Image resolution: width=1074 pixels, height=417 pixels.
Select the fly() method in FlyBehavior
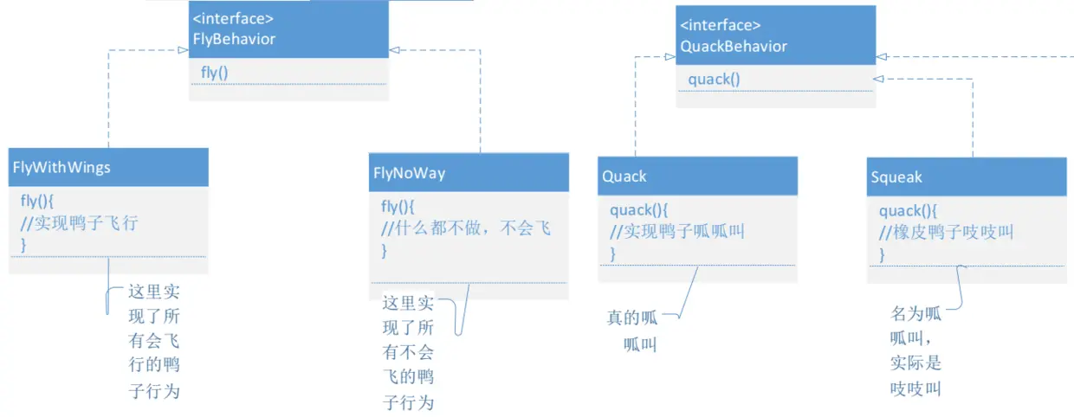click(215, 73)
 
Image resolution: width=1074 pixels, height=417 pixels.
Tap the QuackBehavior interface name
click(734, 47)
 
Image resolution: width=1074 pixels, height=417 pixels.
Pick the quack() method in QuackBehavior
click(715, 80)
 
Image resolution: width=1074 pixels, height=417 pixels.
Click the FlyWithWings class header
click(61, 167)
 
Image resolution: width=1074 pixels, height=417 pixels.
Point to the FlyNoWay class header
click(409, 173)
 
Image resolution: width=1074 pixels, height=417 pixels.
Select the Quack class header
click(624, 176)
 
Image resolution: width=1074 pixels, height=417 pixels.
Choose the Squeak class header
click(896, 177)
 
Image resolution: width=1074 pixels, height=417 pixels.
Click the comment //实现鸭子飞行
click(80, 223)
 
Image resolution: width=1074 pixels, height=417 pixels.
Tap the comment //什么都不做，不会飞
click(466, 228)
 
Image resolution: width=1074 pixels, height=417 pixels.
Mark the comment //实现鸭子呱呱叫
click(676, 231)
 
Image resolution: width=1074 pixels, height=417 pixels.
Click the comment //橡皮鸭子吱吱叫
click(946, 232)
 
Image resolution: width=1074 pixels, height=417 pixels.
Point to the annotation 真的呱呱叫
click(633, 330)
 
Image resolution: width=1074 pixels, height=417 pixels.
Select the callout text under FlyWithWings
click(154, 340)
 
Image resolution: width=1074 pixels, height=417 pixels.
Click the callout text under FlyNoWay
click(409, 352)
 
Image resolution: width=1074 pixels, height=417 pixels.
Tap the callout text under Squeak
click(915, 350)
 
